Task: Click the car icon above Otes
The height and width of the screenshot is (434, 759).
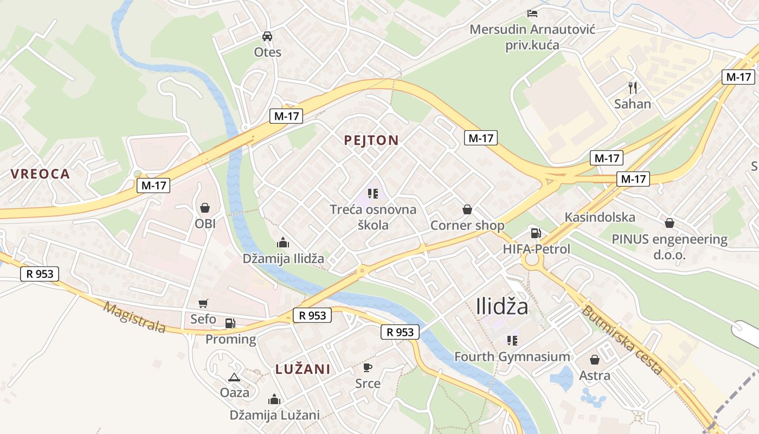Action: coord(267,36)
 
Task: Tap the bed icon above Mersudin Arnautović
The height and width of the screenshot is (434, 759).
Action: coord(532,13)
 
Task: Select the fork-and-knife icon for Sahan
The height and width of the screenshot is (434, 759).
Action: coord(632,87)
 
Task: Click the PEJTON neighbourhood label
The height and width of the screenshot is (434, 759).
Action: coord(371,141)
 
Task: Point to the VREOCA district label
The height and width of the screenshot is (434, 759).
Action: coord(40,174)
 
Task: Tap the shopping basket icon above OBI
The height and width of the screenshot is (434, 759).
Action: coord(205,207)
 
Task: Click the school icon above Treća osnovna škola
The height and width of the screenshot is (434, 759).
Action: coord(372,193)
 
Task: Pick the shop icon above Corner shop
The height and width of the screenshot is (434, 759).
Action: coord(467,209)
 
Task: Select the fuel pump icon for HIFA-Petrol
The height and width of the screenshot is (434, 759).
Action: coord(536,233)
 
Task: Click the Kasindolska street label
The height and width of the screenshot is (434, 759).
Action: coord(600,218)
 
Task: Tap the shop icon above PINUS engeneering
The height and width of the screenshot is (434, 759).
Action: coord(670,223)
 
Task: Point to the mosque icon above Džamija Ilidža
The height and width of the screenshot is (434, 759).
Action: coord(283,242)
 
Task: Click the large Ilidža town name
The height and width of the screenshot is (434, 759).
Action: coord(502,307)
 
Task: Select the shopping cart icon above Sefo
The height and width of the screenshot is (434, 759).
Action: coord(203,304)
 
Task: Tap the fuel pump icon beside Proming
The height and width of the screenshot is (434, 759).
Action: coord(230,323)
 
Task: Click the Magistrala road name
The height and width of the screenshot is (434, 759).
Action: coord(134,317)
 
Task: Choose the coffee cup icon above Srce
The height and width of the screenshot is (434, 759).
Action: coord(368,367)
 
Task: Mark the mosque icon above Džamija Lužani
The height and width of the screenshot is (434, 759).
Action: coord(274,400)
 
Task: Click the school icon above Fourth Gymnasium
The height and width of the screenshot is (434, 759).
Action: coord(512,341)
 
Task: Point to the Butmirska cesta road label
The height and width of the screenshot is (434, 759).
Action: coord(622,340)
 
